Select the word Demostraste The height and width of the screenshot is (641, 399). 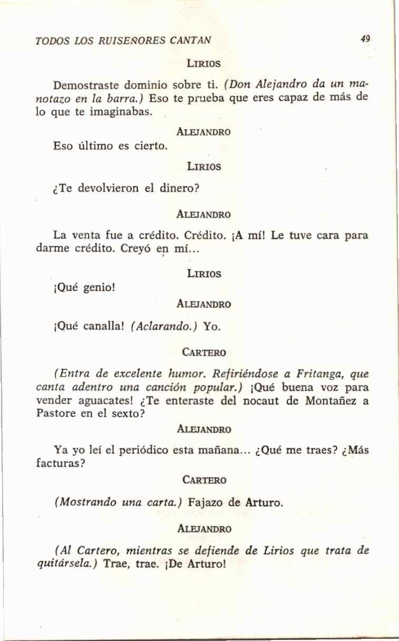[x=85, y=84]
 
